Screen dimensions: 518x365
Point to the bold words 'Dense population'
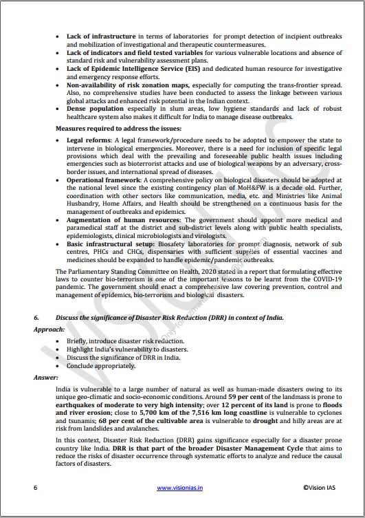(x=94, y=109)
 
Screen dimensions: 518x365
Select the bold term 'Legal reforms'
(x=88, y=140)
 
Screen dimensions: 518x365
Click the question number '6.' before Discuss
(x=37, y=318)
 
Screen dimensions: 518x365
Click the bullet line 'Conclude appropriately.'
(x=102, y=367)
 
